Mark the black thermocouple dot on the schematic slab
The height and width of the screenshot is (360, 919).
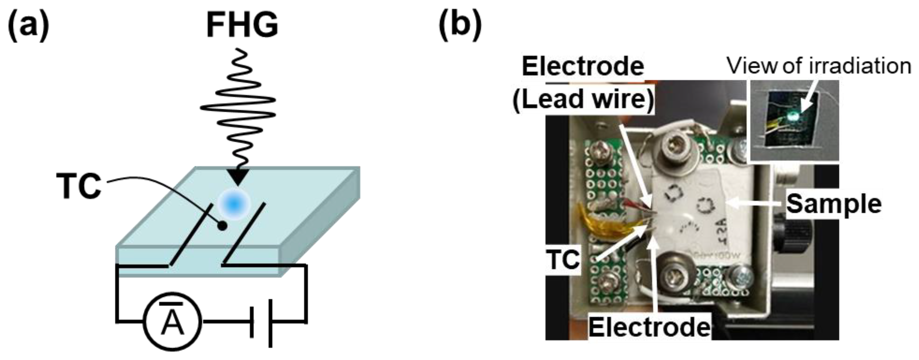click(223, 226)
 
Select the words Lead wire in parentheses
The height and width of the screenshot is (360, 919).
click(583, 99)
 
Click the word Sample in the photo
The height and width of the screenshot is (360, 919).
click(834, 204)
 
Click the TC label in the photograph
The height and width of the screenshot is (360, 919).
click(564, 260)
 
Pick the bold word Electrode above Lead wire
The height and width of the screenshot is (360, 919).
click(583, 66)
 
